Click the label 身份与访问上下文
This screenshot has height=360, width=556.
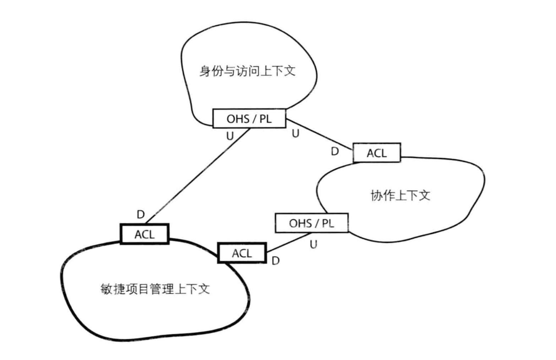click(247, 71)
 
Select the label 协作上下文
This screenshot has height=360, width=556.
click(400, 195)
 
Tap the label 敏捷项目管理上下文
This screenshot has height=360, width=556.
click(155, 289)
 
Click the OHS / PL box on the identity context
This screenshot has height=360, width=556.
click(249, 118)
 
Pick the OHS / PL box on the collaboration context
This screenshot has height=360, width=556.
click(311, 223)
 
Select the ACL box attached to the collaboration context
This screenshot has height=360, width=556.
click(377, 153)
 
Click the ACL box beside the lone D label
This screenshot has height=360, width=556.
click(145, 234)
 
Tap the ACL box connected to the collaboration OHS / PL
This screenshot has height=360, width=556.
click(242, 253)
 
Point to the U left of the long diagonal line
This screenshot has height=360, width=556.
click(230, 136)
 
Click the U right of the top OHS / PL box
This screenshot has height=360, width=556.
click(295, 133)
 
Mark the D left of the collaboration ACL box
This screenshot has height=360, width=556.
click(334, 152)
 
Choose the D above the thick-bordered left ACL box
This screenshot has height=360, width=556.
click(141, 214)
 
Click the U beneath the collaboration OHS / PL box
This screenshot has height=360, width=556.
click(313, 244)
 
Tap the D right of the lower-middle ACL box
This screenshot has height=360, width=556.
click(276, 261)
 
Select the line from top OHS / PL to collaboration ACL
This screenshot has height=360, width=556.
click(320, 135)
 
